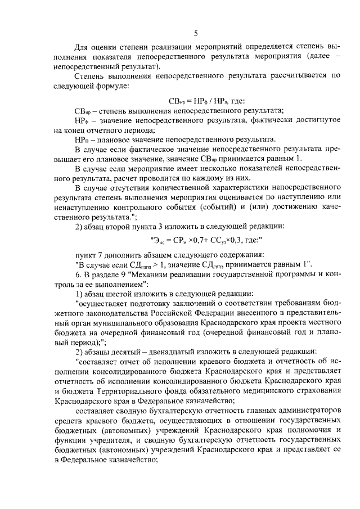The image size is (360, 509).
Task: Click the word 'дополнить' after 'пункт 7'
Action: pyautogui.click(x=118, y=256)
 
